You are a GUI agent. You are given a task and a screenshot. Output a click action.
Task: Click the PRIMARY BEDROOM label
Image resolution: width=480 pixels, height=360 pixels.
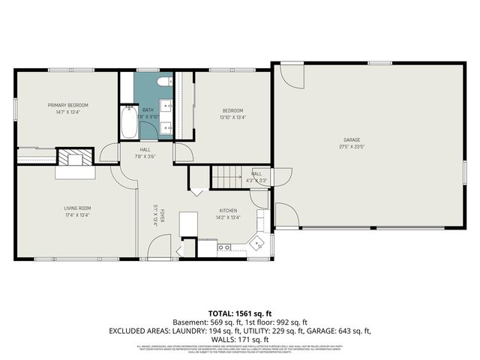pyautogui.click(x=67, y=104)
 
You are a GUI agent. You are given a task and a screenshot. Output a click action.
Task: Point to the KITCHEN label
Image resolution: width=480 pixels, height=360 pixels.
pyautogui.click(x=228, y=211)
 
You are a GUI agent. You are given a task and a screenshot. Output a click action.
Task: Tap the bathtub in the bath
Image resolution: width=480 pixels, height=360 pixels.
pyautogui.click(x=127, y=123)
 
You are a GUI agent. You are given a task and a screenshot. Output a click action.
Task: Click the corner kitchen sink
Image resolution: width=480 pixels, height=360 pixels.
pyautogui.click(x=258, y=242)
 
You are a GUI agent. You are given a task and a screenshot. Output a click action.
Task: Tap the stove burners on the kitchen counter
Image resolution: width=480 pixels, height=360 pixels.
pyautogui.click(x=223, y=247)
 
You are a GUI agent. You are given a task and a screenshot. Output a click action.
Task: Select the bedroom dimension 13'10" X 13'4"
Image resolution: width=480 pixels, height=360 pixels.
pyautogui.click(x=232, y=117)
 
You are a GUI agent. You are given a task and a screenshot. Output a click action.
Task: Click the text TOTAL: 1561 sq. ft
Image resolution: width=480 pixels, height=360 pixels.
pyautogui.click(x=240, y=313)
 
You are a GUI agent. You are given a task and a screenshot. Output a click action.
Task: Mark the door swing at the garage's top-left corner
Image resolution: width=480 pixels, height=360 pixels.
pyautogui.click(x=289, y=75)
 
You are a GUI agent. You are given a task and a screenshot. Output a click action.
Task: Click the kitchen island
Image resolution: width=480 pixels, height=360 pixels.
pyautogui.click(x=187, y=223)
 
